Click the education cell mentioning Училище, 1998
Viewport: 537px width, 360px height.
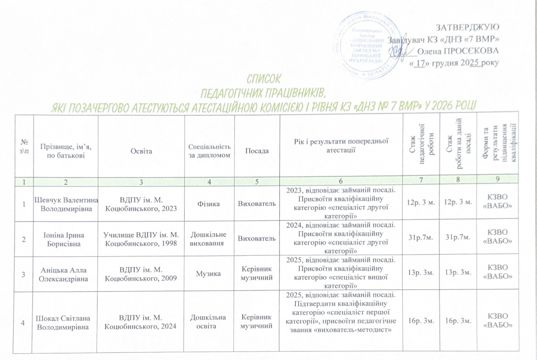(142, 239)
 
